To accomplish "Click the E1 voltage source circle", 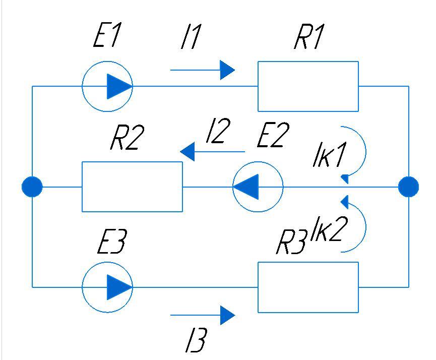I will [x=107, y=86].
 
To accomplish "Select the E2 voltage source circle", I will [x=258, y=187].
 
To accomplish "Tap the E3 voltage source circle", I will [x=107, y=286].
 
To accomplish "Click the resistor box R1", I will [x=308, y=86].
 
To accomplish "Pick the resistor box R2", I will [x=132, y=187].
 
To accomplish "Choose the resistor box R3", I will [x=308, y=287].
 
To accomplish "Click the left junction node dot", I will [x=32, y=187].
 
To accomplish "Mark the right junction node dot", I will [x=408, y=187].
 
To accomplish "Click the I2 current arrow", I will [x=212, y=151].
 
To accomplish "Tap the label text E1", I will [x=107, y=38].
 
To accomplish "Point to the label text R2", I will [x=127, y=139].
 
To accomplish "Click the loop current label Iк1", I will [x=328, y=158].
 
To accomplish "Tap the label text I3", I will [x=195, y=342].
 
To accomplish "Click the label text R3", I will [x=292, y=244].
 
